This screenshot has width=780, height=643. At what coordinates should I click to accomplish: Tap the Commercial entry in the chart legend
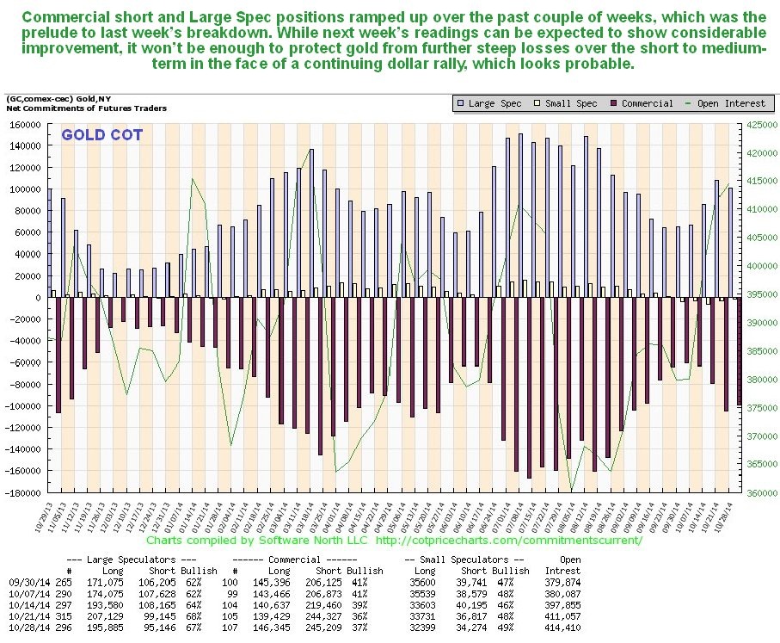pos(644,103)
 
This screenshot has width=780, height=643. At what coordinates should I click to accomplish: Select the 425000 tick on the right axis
pos(760,124)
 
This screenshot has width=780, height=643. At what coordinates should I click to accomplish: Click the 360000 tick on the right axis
pos(760,493)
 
